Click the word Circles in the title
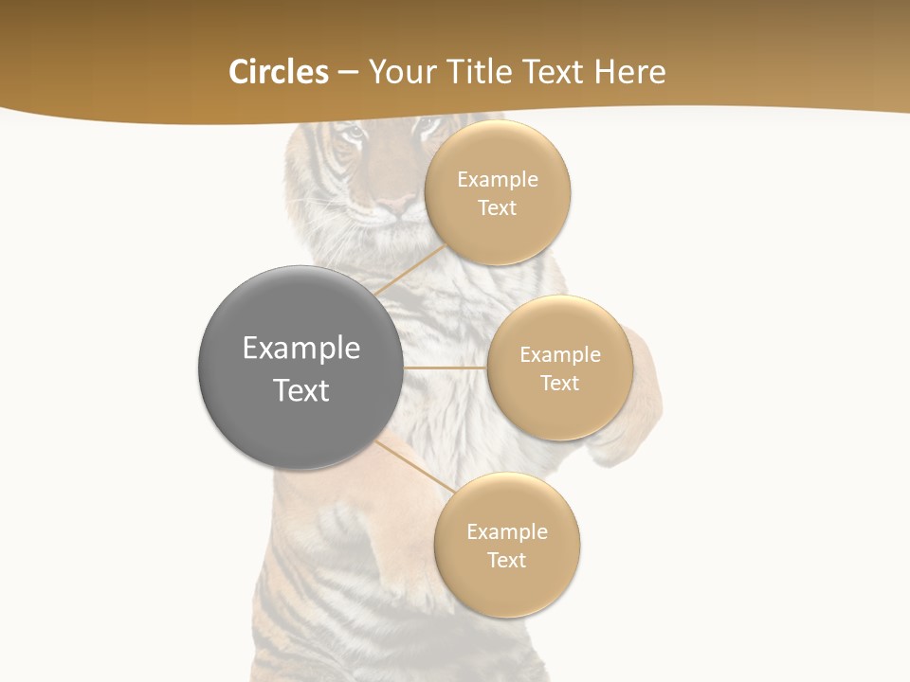(279, 72)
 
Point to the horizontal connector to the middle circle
(445, 368)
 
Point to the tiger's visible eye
(353, 134)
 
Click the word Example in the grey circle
(301, 349)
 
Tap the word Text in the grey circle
(301, 390)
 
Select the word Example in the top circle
(498, 180)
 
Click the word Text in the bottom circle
(507, 560)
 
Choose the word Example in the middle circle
(560, 355)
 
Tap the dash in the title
(348, 72)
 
